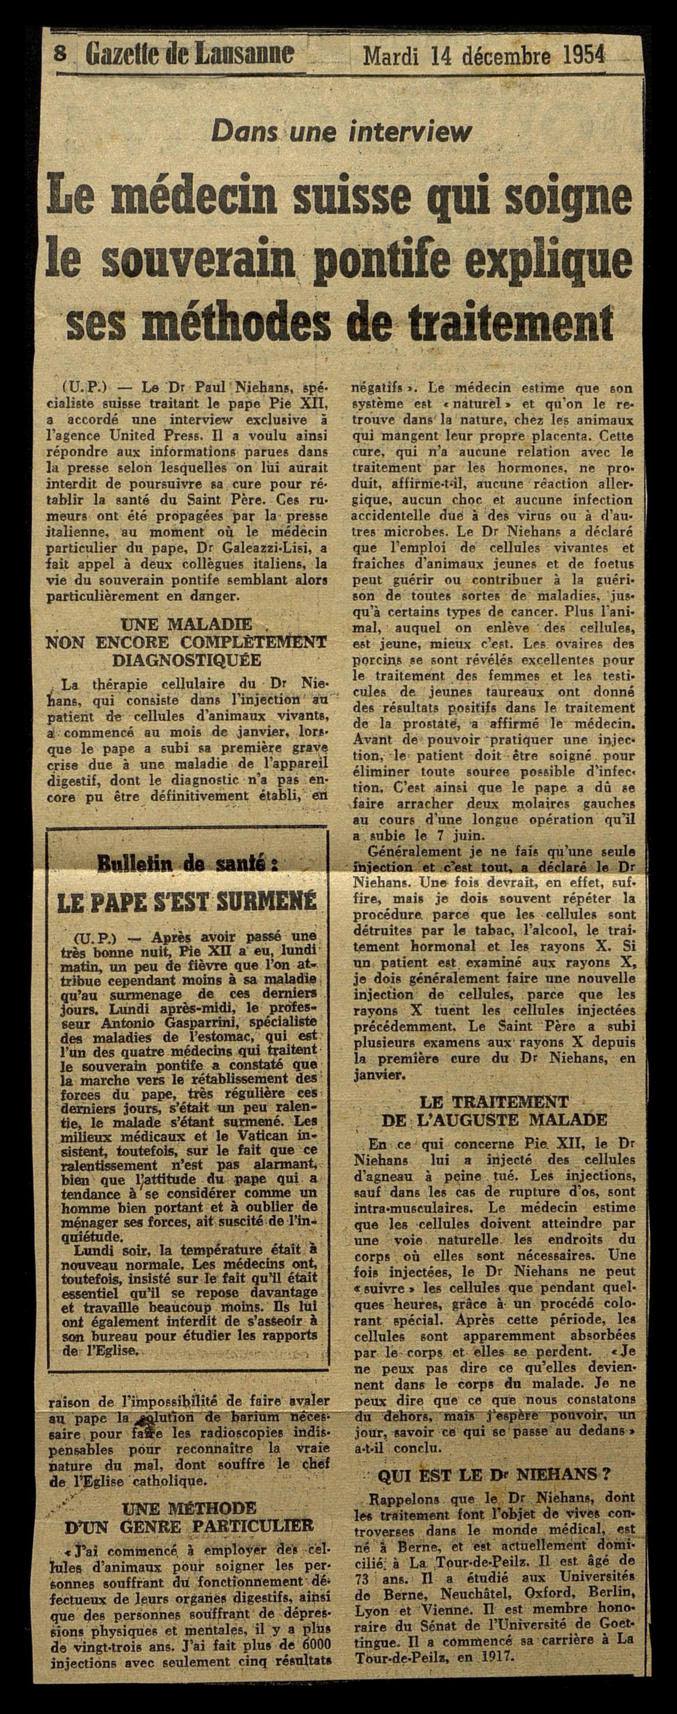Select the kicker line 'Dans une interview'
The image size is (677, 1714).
point(340,132)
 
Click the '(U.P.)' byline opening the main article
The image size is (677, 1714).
point(81,387)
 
